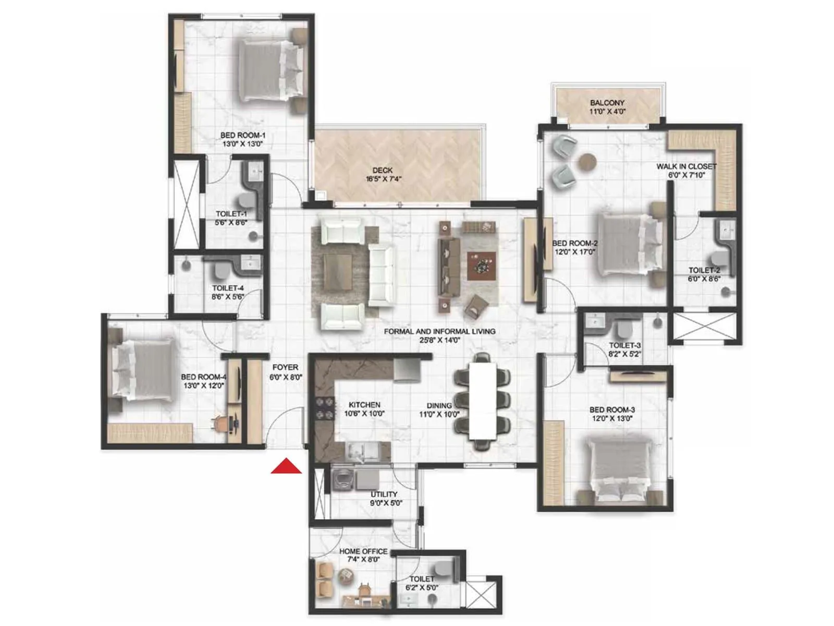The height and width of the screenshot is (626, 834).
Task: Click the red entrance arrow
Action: [x=286, y=466]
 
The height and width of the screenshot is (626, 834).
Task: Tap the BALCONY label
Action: [x=607, y=103]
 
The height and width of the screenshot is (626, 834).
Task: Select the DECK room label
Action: [x=382, y=170]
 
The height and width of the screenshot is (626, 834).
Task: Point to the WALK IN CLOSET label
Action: [x=686, y=166]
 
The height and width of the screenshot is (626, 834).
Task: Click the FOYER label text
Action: [x=285, y=367]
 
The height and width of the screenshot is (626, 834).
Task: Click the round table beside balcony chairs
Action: [x=588, y=161]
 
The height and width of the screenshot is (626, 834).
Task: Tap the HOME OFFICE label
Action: [x=363, y=551]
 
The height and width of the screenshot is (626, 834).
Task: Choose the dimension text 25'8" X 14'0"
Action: [x=439, y=340]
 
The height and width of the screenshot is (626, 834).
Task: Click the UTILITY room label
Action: [x=384, y=494]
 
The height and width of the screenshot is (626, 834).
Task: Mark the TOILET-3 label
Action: [x=624, y=345]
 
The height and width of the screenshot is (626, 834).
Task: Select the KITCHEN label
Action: [x=364, y=405]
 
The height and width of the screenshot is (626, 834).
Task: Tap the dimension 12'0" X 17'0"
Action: [x=575, y=252]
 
